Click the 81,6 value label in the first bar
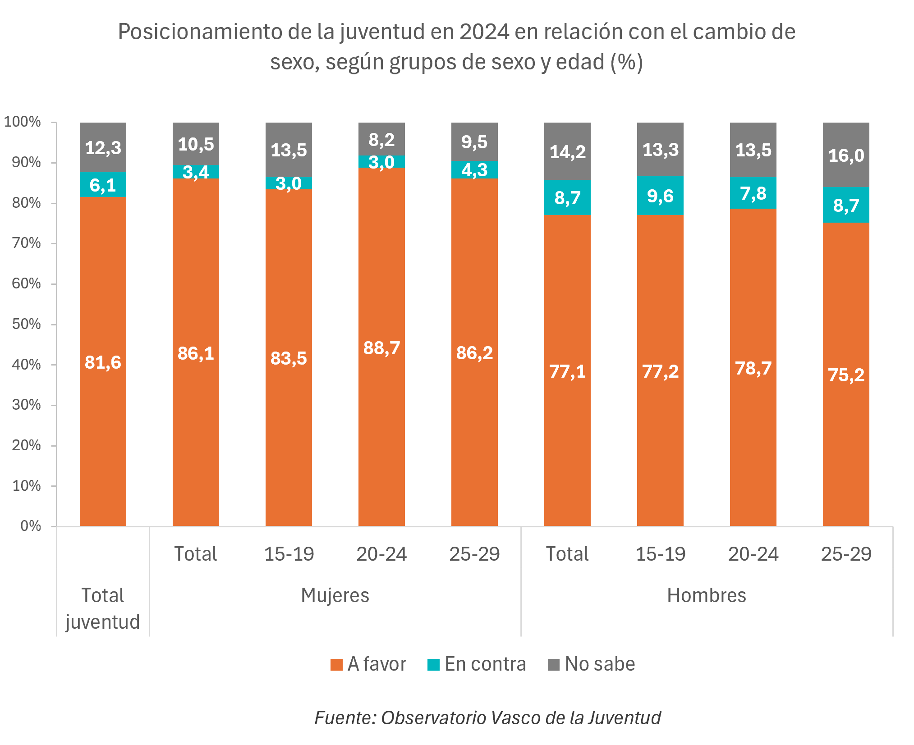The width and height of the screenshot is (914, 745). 103,362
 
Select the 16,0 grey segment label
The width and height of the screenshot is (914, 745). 846,155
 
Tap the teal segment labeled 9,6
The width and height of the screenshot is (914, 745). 660,196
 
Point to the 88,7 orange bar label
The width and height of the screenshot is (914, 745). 381,348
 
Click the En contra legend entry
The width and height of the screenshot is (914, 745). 477,664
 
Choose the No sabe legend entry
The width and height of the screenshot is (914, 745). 591,664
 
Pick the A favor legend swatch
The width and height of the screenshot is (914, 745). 336,665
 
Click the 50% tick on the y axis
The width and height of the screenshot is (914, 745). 27,324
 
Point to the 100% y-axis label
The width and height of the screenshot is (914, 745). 23,122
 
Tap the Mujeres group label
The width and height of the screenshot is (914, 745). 335,595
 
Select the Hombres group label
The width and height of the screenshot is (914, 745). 707,595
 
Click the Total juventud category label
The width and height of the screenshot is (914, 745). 103,608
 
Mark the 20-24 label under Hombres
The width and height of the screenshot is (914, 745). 753,554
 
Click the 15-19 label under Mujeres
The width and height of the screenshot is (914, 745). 289,554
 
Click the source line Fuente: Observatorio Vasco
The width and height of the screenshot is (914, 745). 487,718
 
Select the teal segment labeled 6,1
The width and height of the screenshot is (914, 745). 103,185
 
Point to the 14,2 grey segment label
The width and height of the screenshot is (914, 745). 567,152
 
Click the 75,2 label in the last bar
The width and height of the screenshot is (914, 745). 846,375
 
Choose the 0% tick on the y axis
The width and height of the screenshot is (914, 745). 31,526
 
